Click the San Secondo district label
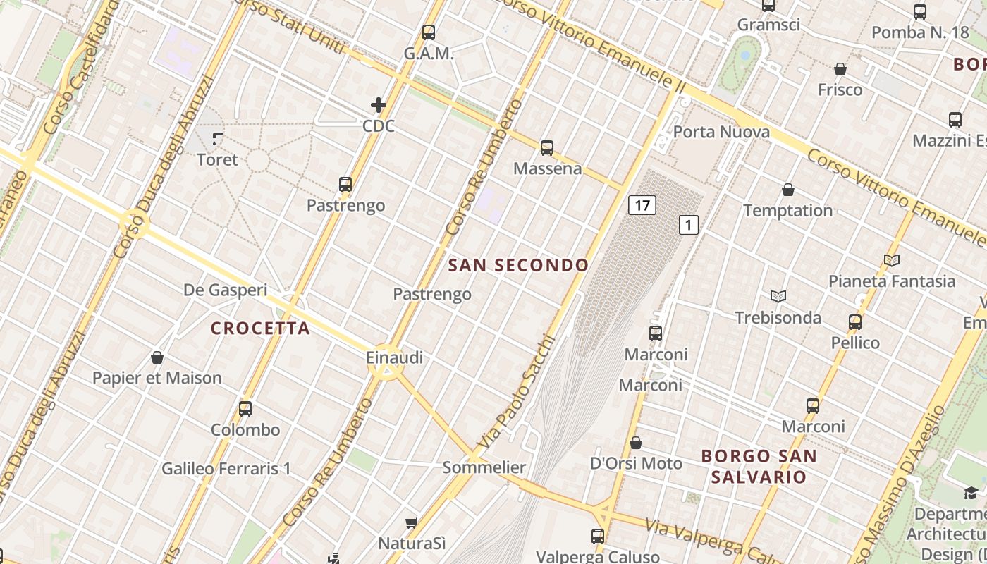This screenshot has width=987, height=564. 518,265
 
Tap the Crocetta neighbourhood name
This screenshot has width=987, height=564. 260,328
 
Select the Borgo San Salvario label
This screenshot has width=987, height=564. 759,466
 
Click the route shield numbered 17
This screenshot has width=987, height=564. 642,205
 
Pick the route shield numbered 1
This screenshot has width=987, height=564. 688,225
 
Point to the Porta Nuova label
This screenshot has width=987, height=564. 721,132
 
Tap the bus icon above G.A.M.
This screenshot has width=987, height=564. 429,32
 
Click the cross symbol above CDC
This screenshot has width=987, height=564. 379,106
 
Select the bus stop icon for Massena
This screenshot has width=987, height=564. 547,148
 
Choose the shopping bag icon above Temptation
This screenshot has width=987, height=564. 788,190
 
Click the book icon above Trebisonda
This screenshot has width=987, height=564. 778,297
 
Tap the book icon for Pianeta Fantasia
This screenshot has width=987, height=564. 892,261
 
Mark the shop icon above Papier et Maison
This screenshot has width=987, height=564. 157,357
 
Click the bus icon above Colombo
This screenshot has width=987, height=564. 245,408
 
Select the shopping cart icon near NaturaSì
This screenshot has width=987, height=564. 412,522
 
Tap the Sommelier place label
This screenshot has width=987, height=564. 484,467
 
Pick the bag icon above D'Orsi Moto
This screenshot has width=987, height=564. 636,443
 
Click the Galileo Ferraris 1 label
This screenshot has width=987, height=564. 226,468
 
